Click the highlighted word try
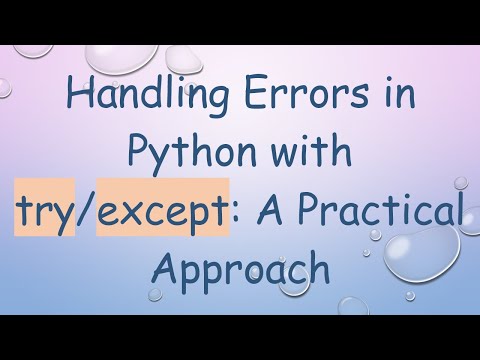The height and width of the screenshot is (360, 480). pyautogui.click(x=45, y=213)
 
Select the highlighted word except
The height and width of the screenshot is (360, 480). pyautogui.click(x=161, y=213)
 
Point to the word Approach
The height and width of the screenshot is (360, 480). pyautogui.click(x=240, y=268)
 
